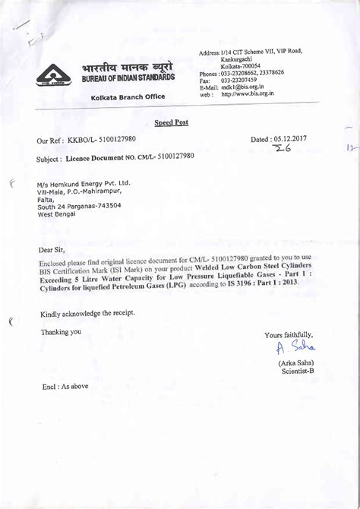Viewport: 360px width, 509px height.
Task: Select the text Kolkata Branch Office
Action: [x=128, y=98]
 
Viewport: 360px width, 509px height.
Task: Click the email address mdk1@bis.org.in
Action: [x=243, y=87]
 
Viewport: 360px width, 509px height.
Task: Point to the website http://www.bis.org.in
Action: [x=248, y=93]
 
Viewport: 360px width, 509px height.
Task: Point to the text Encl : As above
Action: [x=65, y=386]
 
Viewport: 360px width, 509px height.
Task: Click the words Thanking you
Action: [x=61, y=331]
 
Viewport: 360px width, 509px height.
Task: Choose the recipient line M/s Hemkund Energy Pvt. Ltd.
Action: [x=84, y=183]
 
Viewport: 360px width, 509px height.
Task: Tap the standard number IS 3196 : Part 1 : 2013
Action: [x=259, y=283]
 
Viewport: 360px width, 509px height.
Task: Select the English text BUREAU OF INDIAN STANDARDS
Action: [x=128, y=78]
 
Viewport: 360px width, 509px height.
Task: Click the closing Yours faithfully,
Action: [x=289, y=335]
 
